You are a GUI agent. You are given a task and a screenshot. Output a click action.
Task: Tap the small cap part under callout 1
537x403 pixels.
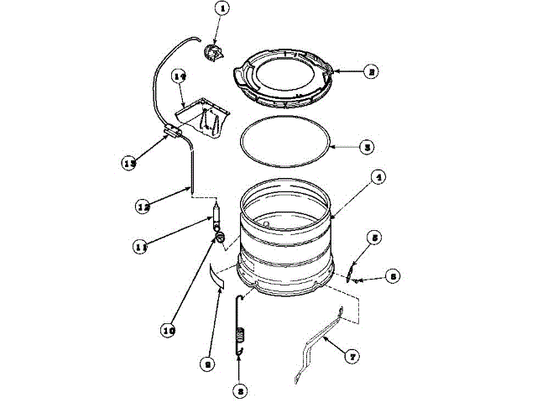coord(212,54)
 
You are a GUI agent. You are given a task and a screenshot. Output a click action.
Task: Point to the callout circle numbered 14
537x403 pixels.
coord(178,77)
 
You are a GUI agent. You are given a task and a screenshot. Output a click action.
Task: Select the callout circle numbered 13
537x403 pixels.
coord(130,164)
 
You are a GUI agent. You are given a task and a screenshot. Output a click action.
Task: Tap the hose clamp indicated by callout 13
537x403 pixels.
coord(174,131)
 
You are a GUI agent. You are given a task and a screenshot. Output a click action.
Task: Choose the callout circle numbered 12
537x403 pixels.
coord(143,204)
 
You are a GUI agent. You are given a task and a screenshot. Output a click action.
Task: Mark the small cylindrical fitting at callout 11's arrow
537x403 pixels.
coord(216,214)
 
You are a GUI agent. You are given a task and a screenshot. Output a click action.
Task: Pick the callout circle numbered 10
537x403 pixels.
coord(168,329)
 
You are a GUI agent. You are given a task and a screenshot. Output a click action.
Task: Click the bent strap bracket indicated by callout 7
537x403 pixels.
coord(319,344)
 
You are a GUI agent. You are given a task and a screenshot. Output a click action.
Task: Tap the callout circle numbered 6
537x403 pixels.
coord(393,275)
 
